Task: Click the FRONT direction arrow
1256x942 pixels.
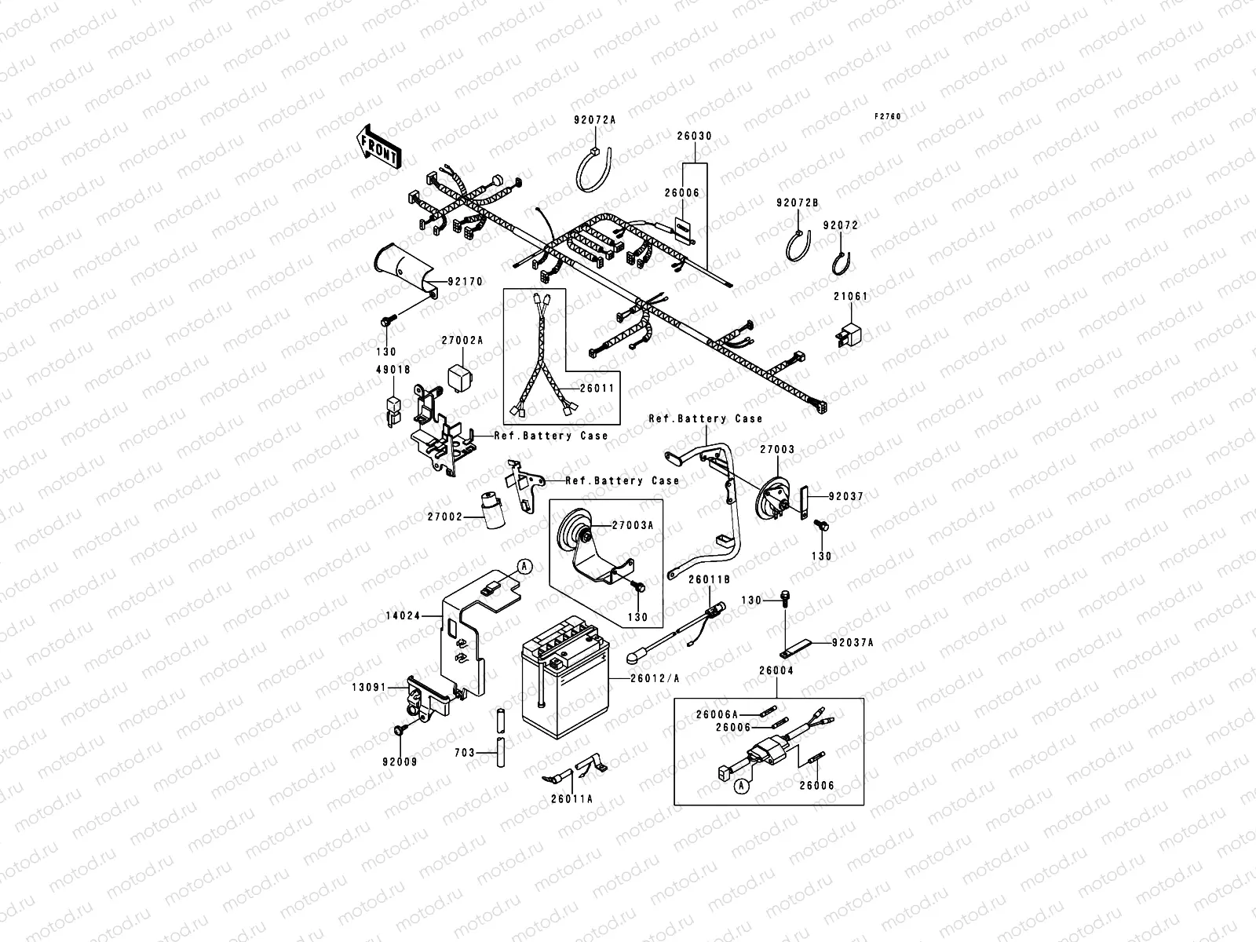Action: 379,148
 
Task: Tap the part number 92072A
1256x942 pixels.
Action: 594,119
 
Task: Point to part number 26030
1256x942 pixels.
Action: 694,136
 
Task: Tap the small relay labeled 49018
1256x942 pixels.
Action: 392,409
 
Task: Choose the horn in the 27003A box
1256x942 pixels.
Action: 575,536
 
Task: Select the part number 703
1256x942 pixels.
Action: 464,751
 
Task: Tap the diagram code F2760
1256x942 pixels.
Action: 889,116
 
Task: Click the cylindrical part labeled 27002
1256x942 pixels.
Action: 495,511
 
